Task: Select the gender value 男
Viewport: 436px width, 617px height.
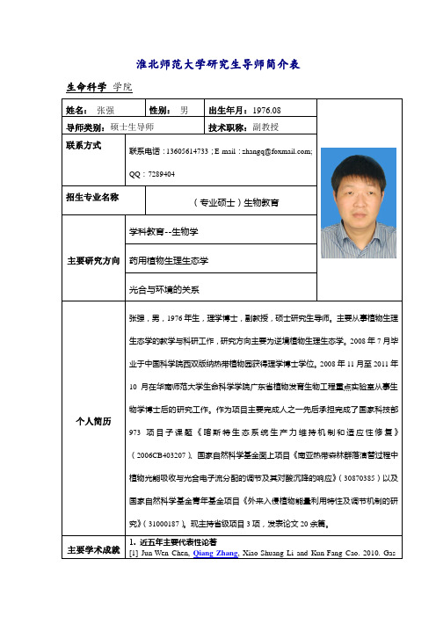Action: pos(184,111)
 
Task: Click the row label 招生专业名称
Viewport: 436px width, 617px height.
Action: pos(92,197)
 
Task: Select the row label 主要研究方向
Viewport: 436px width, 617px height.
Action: pos(92,261)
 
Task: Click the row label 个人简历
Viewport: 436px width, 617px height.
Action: pos(92,421)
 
